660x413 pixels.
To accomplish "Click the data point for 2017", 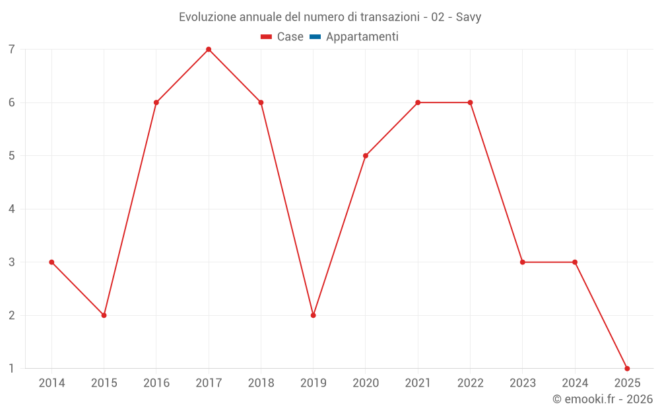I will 209,50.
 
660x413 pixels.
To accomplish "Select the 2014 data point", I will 51,262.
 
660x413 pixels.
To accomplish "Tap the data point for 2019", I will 313,315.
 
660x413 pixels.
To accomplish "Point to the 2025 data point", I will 627,369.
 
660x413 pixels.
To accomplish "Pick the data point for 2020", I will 366,156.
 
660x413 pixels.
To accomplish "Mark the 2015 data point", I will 104,315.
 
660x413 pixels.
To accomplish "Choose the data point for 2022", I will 470,102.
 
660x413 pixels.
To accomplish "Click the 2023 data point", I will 523,262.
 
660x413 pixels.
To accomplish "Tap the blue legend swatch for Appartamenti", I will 315,37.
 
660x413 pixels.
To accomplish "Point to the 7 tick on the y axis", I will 12,50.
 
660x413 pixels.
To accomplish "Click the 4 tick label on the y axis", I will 12,209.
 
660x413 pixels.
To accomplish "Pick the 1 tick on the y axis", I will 12,369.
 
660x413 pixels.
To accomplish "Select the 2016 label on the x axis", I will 156,383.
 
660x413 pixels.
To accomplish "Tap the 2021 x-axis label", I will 418,383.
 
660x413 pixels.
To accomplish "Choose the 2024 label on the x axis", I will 575,383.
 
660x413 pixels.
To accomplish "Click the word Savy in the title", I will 469,17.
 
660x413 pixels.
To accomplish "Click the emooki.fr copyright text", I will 603,399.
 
